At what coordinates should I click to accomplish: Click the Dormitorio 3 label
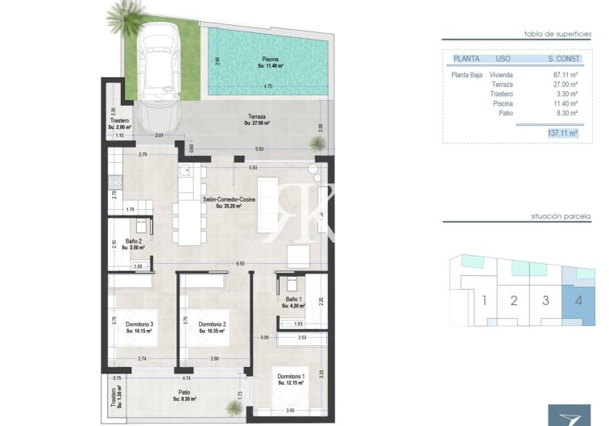pyautogui.click(x=139, y=328)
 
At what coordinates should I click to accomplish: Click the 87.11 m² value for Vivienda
pyautogui.click(x=563, y=74)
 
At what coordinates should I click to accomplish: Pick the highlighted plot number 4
pyautogui.click(x=578, y=301)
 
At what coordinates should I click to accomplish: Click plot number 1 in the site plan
pyautogui.click(x=484, y=301)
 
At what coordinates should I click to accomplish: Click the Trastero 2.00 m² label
pyautogui.click(x=118, y=124)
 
